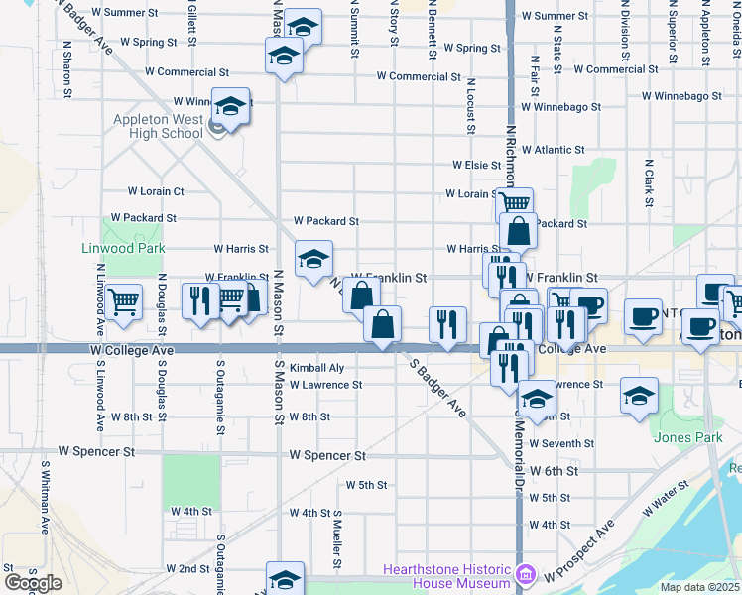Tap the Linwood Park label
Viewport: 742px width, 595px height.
(122, 247)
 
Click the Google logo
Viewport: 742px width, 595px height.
(33, 583)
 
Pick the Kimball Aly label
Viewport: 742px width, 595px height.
(316, 367)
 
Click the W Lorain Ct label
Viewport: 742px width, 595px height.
(156, 191)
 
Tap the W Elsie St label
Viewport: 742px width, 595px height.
(476, 165)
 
